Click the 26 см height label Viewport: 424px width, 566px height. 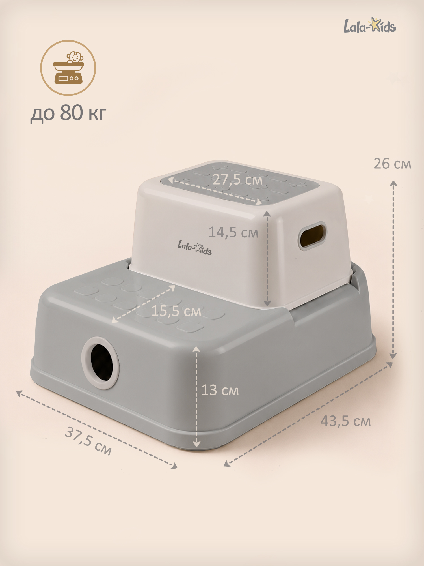392,164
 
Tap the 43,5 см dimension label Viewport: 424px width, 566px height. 345,421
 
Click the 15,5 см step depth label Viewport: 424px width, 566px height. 176,311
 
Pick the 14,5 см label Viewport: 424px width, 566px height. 233,232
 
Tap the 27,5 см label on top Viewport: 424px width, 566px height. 237,179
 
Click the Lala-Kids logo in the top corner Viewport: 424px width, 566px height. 370,25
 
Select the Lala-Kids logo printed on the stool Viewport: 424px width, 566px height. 194,248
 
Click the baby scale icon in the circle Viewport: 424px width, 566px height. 68,68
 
